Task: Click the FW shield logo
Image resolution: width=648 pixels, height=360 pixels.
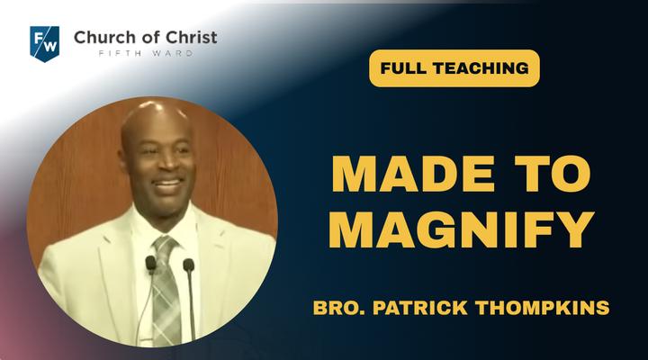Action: tap(45, 44)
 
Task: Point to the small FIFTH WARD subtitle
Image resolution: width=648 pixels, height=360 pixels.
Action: tap(146, 53)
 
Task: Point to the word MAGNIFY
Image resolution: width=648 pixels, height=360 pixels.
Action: tap(461, 229)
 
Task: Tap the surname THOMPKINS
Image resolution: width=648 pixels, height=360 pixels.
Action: tap(542, 308)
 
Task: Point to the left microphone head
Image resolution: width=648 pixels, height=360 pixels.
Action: tap(150, 263)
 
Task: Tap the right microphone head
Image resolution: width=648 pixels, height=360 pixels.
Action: tap(189, 265)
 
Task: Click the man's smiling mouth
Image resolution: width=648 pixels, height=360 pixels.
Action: tap(167, 184)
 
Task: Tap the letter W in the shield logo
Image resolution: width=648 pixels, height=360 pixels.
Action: tap(49, 46)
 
